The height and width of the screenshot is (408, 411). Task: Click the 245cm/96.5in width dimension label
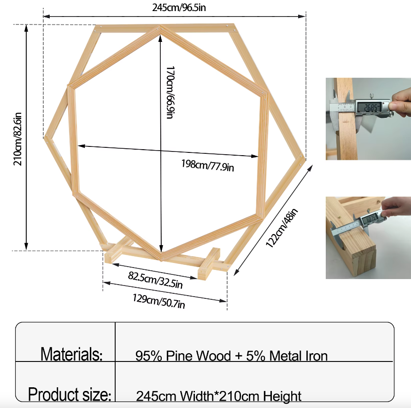[179, 7]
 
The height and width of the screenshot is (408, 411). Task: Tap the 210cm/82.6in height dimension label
[18, 139]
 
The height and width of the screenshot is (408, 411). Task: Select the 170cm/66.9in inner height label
[170, 92]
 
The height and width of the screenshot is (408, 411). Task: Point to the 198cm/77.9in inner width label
[208, 166]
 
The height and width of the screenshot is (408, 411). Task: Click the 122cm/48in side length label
[282, 228]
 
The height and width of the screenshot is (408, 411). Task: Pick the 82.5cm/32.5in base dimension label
[155, 280]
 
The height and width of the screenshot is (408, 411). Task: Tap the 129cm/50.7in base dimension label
[159, 301]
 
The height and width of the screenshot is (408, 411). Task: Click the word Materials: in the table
[71, 354]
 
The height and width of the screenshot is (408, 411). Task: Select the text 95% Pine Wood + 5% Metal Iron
[231, 356]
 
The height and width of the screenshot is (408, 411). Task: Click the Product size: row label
[70, 394]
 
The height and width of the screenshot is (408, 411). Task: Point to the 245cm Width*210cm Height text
[218, 396]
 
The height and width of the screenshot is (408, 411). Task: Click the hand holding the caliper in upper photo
[400, 102]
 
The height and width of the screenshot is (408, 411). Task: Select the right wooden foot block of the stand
[209, 264]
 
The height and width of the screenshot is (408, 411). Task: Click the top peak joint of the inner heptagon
[160, 27]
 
